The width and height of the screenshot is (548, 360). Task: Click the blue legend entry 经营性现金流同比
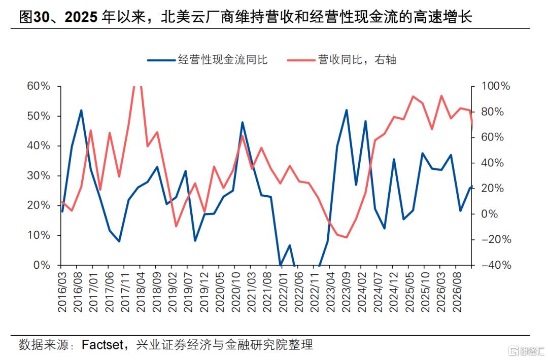pyautogui.click(x=208, y=60)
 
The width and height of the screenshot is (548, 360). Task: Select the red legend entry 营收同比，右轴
pyautogui.click(x=341, y=60)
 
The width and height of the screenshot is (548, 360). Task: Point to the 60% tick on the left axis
pyautogui.click(x=39, y=86)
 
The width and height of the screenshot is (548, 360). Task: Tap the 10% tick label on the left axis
pyautogui.click(x=39, y=235)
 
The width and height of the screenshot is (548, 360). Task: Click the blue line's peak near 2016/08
pyautogui.click(x=81, y=111)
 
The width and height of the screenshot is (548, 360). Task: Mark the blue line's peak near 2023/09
pyautogui.click(x=347, y=110)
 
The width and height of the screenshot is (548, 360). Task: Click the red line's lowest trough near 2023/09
pyautogui.click(x=347, y=237)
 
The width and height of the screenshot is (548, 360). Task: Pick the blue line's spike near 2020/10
pyautogui.click(x=242, y=122)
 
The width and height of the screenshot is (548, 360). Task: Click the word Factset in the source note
pyautogui.click(x=102, y=345)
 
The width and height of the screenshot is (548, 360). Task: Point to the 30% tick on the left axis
pyautogui.click(x=39, y=175)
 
